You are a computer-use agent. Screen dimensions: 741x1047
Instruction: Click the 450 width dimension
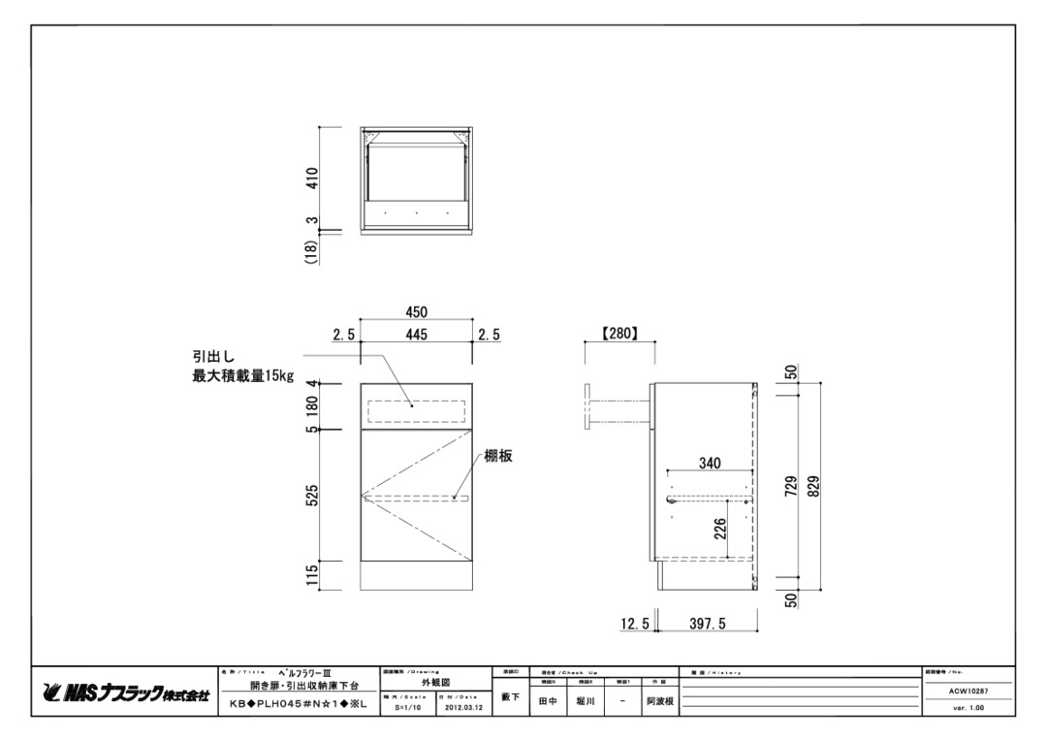point(417,312)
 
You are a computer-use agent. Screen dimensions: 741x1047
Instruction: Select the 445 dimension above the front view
point(417,335)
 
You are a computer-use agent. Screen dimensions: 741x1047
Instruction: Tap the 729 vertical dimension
point(791,484)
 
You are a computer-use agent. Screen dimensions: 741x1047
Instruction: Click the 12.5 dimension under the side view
point(635,625)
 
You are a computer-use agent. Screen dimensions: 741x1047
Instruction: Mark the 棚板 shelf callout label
point(498,457)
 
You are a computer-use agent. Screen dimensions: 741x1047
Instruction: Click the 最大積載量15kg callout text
point(243,375)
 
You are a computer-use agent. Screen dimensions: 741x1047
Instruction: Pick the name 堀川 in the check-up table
point(585,699)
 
